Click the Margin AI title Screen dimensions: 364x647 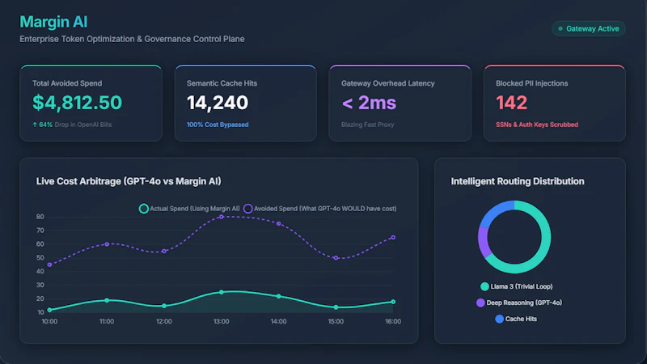click(53, 22)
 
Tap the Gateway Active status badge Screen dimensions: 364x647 click(589, 28)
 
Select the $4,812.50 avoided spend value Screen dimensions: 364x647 click(77, 103)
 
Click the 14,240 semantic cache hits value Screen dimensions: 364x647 click(218, 103)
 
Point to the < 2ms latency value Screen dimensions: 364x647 click(369, 103)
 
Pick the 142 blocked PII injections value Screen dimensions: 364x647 click(511, 103)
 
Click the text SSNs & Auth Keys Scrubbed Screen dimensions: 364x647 click(537, 125)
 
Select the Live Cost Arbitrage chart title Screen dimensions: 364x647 click(129, 181)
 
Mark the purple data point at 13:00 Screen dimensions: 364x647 click(222, 217)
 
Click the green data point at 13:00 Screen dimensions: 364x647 click(222, 292)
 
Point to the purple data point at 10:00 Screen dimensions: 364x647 click(49, 265)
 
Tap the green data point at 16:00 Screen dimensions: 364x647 click(393, 302)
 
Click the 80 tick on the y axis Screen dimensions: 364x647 click(40, 217)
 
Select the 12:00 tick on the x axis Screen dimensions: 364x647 click(164, 321)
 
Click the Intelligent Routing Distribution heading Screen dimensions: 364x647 click(518, 181)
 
